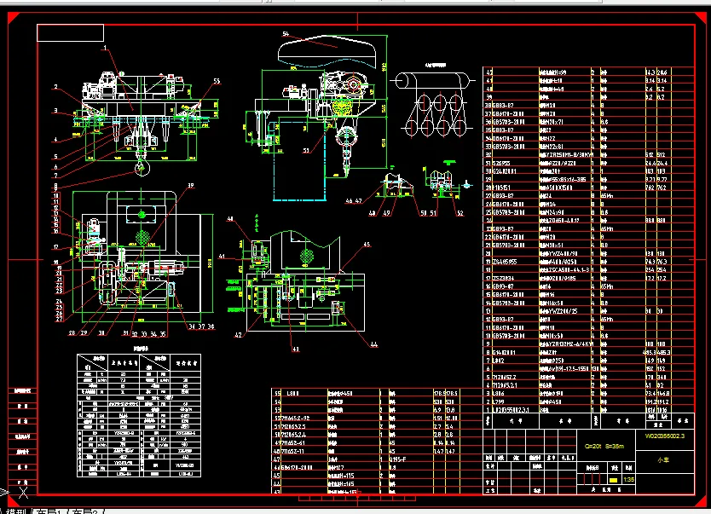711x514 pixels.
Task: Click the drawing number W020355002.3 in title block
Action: pyautogui.click(x=666, y=436)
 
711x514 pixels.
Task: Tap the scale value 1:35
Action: pyautogui.click(x=628, y=481)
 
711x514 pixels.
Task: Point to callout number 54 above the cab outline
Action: pyautogui.click(x=285, y=33)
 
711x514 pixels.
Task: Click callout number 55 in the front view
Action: pyautogui.click(x=217, y=81)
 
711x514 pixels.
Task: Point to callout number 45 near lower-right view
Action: pyautogui.click(x=367, y=245)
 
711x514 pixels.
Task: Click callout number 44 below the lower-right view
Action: pyautogui.click(x=373, y=344)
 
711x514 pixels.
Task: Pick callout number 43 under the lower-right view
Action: pyautogui.click(x=296, y=349)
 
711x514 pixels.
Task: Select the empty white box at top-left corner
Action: pyautogui.click(x=70, y=32)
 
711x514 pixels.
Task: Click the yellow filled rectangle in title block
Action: pyautogui.click(x=612, y=481)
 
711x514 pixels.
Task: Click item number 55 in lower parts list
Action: pyautogui.click(x=277, y=392)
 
